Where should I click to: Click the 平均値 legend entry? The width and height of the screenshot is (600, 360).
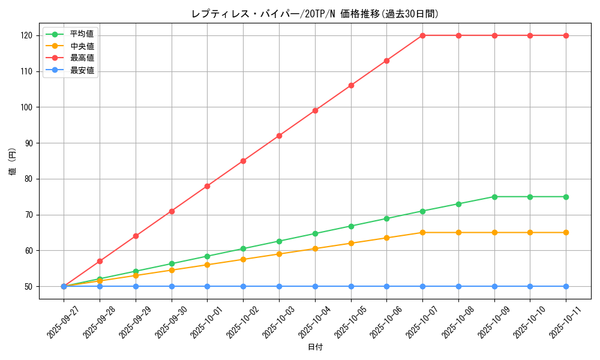[82, 34]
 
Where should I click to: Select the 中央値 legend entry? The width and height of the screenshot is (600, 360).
[82, 46]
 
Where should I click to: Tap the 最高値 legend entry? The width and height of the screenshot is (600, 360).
[82, 58]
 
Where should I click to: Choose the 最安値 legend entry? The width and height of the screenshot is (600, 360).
[82, 70]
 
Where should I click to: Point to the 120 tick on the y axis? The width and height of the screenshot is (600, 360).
[26, 35]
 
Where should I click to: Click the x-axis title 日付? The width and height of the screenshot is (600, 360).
[315, 347]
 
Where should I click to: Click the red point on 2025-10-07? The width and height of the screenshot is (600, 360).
[422, 35]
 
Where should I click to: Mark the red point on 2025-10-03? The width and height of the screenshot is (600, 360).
[279, 136]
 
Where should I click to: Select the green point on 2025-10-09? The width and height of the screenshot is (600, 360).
[494, 197]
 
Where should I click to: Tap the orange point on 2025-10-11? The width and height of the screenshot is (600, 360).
[566, 232]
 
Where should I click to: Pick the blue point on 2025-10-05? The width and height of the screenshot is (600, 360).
[351, 286]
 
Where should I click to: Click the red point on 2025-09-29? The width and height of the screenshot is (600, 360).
[136, 236]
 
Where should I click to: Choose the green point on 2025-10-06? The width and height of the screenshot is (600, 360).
[386, 218]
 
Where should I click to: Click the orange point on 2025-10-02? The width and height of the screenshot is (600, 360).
[243, 259]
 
